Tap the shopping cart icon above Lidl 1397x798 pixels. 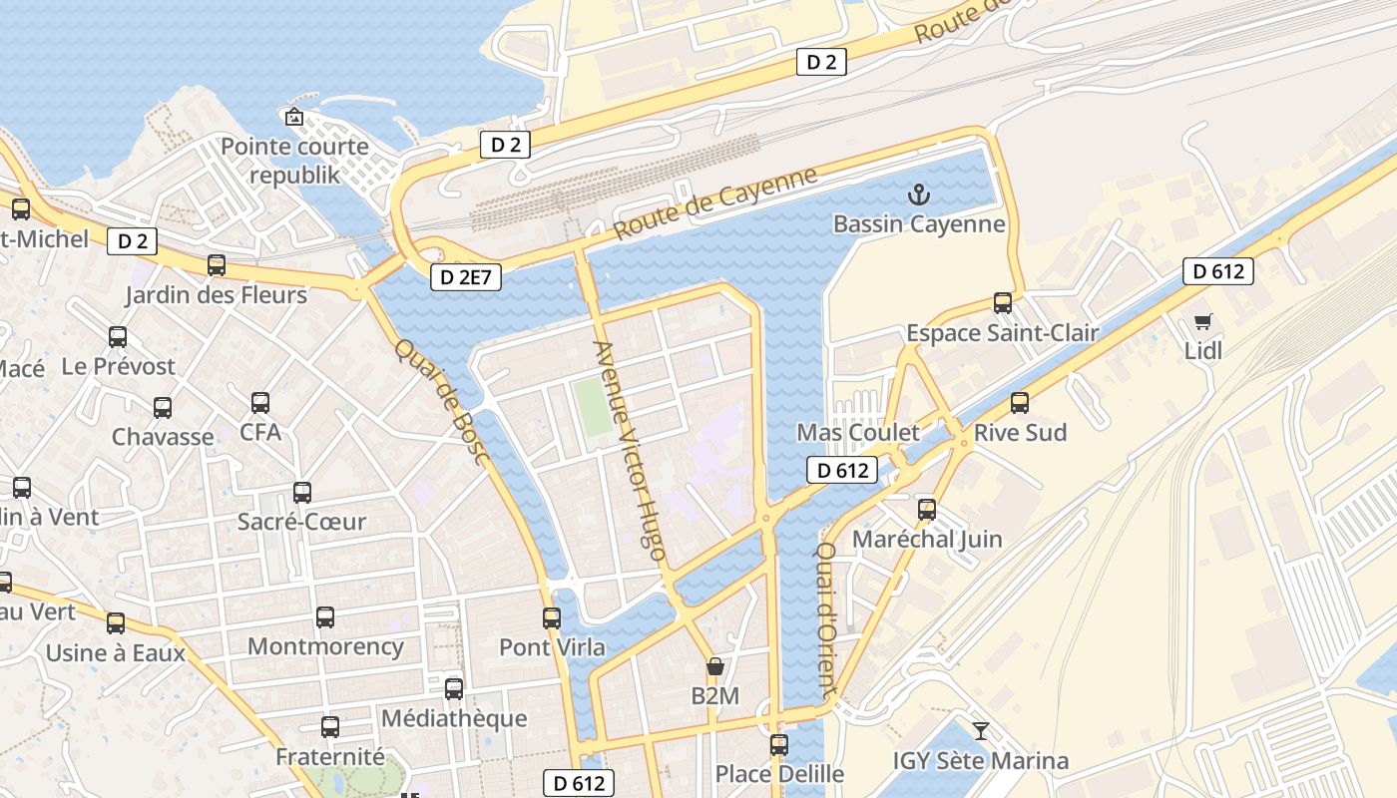(1202, 322)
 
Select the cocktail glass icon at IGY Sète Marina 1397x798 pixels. (981, 731)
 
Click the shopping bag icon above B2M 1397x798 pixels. (714, 666)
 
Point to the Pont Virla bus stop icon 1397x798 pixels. (552, 618)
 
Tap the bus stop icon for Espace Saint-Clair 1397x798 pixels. (1003, 303)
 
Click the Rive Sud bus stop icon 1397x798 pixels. (1019, 403)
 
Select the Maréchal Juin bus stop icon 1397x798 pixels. (927, 510)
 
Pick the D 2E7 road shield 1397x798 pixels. (466, 278)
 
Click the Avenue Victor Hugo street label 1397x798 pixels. (629, 450)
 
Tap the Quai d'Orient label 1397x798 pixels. (826, 618)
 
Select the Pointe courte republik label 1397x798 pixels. (294, 161)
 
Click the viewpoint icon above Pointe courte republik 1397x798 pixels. (294, 118)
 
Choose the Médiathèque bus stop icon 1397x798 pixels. (454, 689)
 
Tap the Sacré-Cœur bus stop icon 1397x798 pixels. (302, 493)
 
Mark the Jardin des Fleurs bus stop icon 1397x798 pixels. (217, 266)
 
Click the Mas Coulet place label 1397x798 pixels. (857, 433)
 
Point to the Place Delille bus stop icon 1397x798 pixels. (779, 745)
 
